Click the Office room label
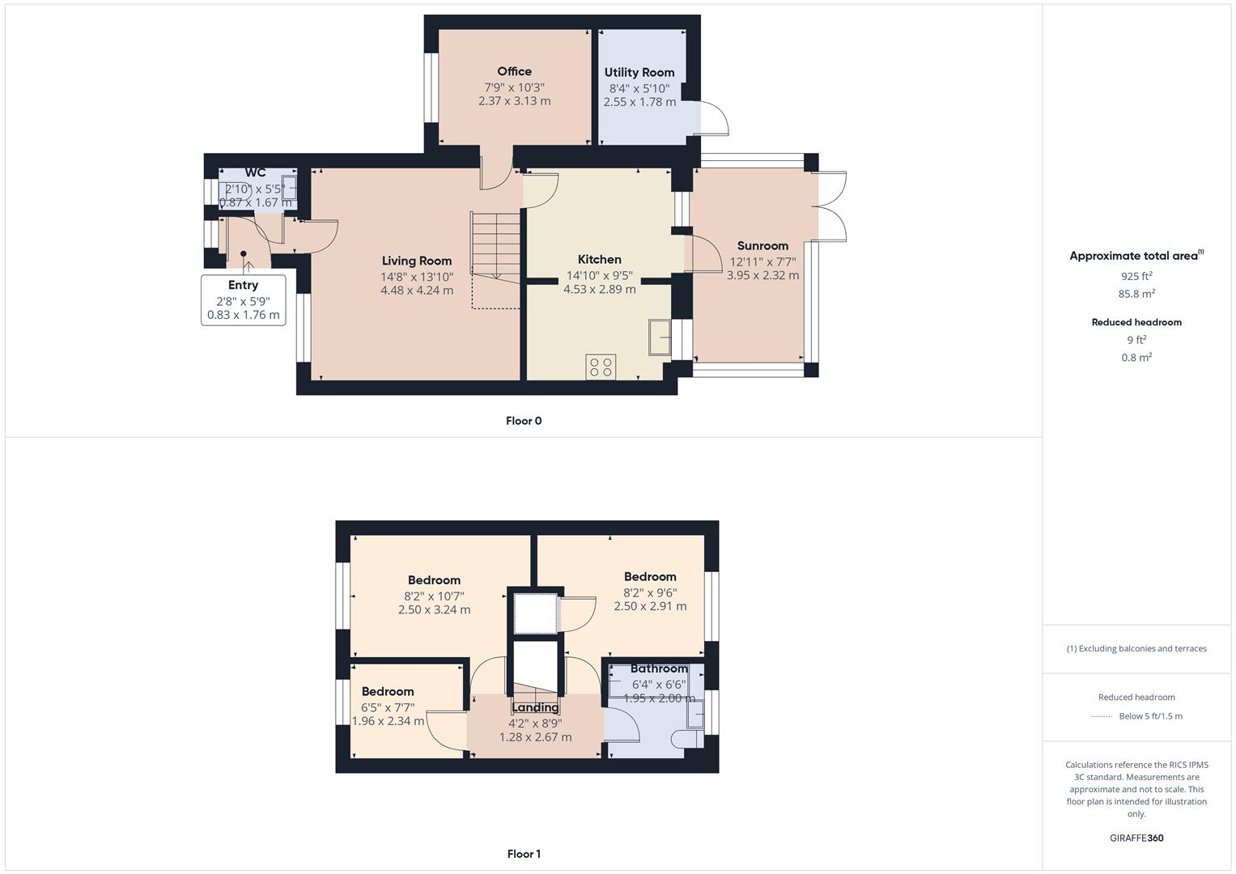pyautogui.click(x=514, y=71)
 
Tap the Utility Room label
pyautogui.click(x=639, y=72)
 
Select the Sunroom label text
pyautogui.click(x=762, y=246)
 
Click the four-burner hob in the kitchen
pyautogui.click(x=601, y=367)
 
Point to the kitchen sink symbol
pyautogui.click(x=659, y=337)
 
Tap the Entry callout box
pyautogui.click(x=243, y=299)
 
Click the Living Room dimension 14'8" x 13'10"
pyautogui.click(x=417, y=276)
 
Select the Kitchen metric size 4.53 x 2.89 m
pyautogui.click(x=599, y=289)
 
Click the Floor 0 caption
pyautogui.click(x=524, y=421)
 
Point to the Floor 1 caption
pyautogui.click(x=524, y=854)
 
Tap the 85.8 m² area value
pyautogui.click(x=1136, y=294)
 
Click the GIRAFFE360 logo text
pyautogui.click(x=1136, y=838)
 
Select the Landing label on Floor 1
pyautogui.click(x=535, y=707)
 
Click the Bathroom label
pyautogui.click(x=659, y=668)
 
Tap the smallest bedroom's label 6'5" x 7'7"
pyautogui.click(x=388, y=706)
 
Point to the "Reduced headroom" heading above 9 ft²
pyautogui.click(x=1136, y=322)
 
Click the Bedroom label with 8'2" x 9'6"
pyautogui.click(x=650, y=577)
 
